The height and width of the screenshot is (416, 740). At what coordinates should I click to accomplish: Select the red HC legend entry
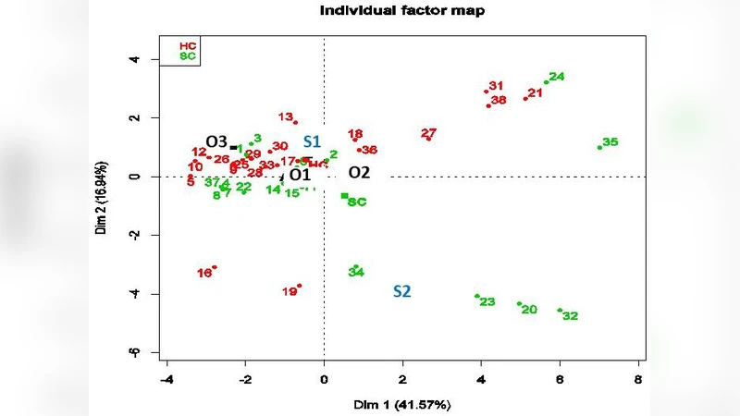[x=188, y=45]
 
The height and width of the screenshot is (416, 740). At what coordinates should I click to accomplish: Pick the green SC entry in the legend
[x=188, y=56]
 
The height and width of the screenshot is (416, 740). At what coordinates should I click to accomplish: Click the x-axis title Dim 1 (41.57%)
[x=401, y=405]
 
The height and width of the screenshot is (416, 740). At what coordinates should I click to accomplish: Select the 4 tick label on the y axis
[x=134, y=59]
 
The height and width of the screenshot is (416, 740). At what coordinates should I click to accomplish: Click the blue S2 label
[x=401, y=291]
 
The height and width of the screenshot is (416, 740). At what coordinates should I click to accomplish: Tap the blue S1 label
[x=312, y=141]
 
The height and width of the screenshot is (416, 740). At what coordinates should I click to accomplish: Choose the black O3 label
[x=216, y=141]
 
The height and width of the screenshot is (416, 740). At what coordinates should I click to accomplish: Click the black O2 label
[x=359, y=173]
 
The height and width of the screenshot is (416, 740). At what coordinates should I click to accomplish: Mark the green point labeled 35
[x=600, y=147]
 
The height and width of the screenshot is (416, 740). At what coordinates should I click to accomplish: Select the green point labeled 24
[x=547, y=82]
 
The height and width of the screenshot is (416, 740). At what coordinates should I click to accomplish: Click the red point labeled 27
[x=428, y=138]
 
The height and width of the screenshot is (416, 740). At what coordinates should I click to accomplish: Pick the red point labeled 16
[x=215, y=267]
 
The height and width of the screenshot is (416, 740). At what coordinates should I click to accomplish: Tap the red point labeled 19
[x=299, y=286]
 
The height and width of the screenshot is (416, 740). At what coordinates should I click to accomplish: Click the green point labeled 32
[x=560, y=310]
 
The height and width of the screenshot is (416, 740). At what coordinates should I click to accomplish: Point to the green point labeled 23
[x=477, y=296]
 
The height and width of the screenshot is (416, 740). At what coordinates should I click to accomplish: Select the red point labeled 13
[x=295, y=122]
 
